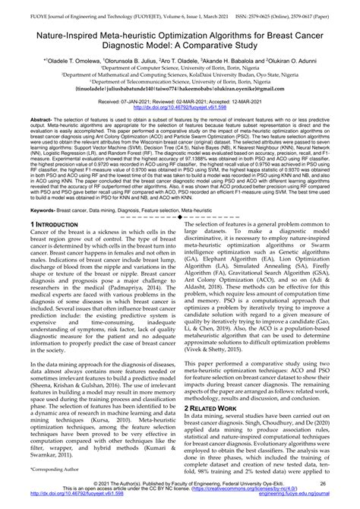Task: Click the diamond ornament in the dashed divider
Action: coord(180,217)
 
